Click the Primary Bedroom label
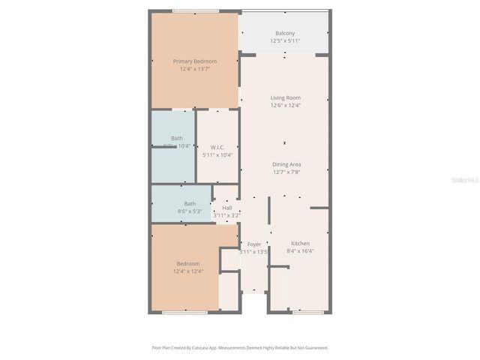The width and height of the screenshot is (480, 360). click(x=195, y=61)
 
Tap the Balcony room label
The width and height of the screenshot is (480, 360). click(x=284, y=34)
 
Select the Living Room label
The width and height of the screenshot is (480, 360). click(x=285, y=97)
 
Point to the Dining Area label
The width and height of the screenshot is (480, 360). click(x=287, y=164)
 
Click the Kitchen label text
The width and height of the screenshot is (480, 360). click(x=300, y=244)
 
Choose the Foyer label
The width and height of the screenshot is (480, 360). click(x=253, y=244)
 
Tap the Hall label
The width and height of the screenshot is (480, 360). click(x=226, y=208)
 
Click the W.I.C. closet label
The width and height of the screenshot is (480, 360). click(x=217, y=147)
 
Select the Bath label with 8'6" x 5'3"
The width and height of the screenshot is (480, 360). click(x=190, y=204)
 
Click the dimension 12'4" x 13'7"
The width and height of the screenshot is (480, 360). click(x=195, y=69)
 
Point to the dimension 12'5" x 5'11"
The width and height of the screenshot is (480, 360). click(x=285, y=41)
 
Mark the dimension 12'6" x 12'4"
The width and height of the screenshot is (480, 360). click(x=285, y=105)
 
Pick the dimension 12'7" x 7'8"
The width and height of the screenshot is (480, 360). click(x=287, y=172)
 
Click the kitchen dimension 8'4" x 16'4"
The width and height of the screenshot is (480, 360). click(x=300, y=251)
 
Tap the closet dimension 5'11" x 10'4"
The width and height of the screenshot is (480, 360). click(x=217, y=155)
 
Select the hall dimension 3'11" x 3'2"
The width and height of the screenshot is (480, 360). click(x=226, y=215)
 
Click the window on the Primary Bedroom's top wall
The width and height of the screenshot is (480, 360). click(x=195, y=11)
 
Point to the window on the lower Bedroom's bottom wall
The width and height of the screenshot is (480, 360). click(x=184, y=312)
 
